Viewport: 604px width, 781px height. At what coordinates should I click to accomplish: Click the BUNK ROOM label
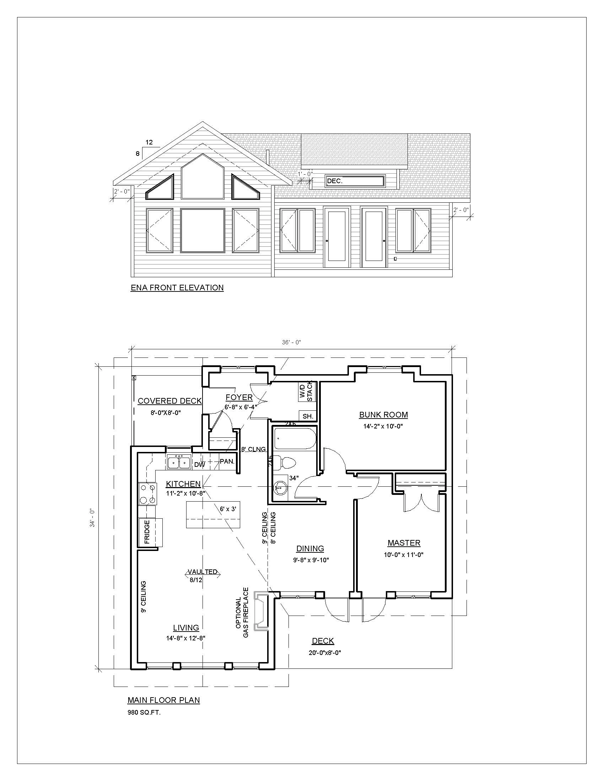tap(383, 415)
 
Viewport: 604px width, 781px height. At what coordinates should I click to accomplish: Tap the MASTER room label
tap(404, 543)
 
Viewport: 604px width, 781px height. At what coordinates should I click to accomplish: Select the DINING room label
tap(310, 548)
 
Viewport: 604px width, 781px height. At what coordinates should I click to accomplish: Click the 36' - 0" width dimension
tap(292, 342)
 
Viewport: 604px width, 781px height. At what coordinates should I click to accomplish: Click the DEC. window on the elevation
tap(355, 181)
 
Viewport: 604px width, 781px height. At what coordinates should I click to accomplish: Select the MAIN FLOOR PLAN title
tap(163, 700)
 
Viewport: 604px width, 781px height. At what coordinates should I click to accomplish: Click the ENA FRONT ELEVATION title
tap(177, 288)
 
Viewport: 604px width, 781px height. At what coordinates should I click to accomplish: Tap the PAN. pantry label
tap(227, 461)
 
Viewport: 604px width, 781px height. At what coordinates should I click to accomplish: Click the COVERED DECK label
tap(169, 401)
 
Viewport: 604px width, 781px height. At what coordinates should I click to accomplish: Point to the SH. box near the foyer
tap(308, 416)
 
